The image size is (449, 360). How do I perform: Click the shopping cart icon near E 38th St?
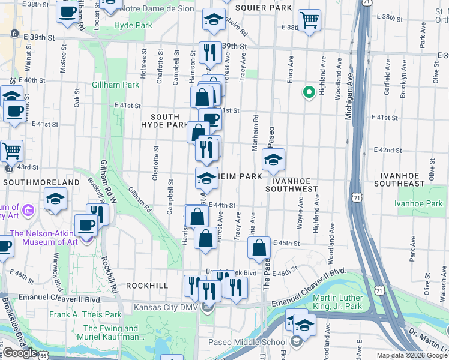309,20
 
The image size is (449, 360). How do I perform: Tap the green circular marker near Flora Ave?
309,92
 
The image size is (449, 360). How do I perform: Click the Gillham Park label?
115,85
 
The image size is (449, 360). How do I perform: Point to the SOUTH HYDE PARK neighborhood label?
164,121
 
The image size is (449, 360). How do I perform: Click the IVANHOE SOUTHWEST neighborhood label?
294,184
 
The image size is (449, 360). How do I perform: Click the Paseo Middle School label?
247,342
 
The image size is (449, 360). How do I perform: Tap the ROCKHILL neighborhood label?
147,286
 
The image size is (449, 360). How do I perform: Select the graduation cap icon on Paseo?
273,160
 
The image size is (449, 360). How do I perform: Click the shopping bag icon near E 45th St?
259,247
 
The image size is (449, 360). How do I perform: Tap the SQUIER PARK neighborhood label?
264,8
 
